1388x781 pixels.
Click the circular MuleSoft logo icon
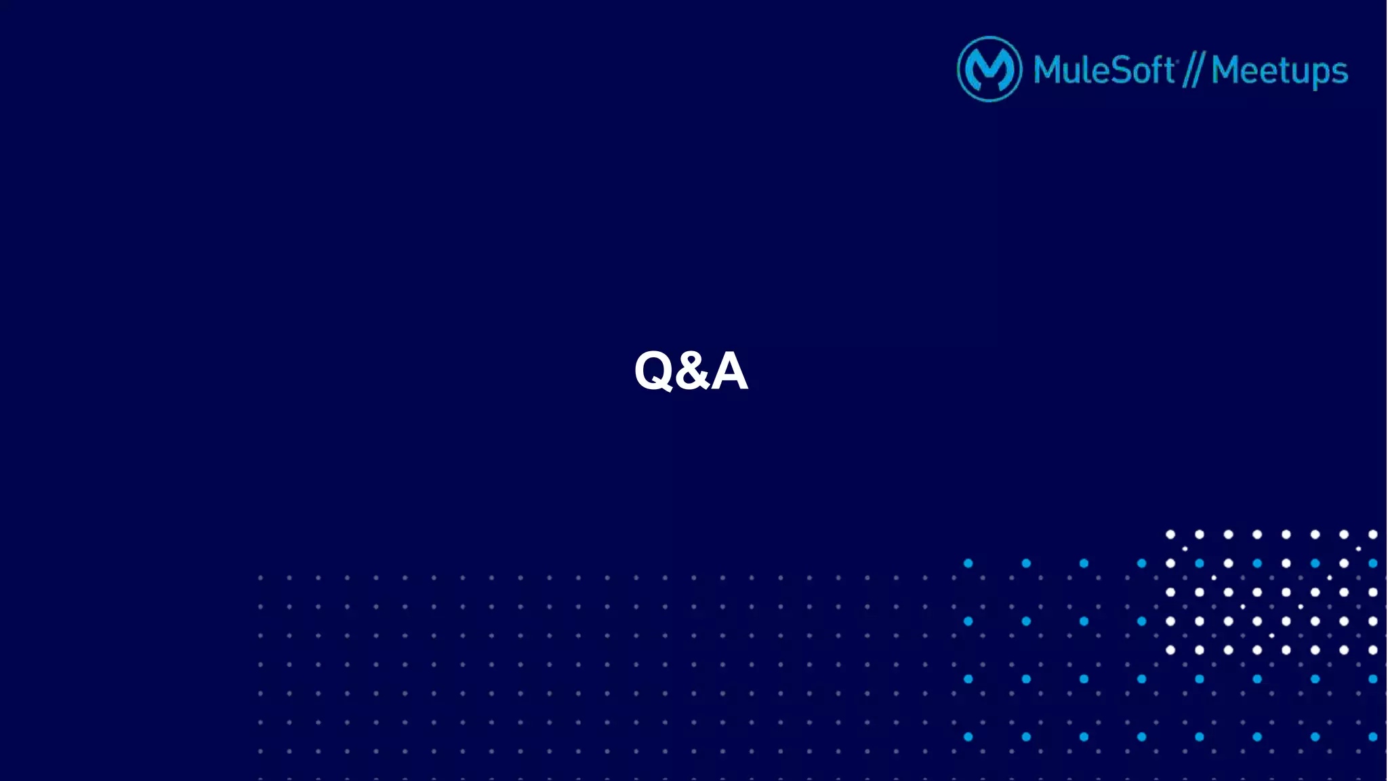[989, 69]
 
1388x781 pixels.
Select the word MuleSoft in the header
[1104, 70]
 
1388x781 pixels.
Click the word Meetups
[1280, 71]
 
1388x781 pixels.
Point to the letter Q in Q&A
[654, 371]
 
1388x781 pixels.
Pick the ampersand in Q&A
[691, 372]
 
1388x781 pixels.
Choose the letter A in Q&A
[729, 371]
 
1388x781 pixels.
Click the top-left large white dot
[1170, 534]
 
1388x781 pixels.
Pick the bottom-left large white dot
[1170, 650]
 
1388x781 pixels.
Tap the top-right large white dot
[1373, 534]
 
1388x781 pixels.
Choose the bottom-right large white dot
[1373, 650]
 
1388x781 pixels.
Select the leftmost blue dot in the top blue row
[968, 563]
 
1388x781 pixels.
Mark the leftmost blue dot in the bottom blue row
[968, 737]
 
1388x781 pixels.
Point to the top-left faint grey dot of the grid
[260, 578]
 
